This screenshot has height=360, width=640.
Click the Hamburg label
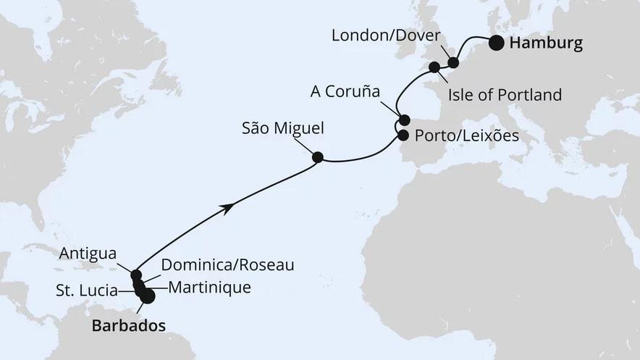546,44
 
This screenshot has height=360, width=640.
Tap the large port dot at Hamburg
497,43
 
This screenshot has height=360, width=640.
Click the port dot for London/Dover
453,63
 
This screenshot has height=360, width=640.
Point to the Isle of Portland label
505,95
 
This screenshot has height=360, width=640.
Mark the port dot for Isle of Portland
434,67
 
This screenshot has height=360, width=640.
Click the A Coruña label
344,92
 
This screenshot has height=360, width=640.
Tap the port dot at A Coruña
404,120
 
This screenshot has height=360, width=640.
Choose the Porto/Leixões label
466,135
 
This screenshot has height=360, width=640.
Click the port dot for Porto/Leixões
403,134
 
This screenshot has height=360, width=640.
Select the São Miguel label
283,128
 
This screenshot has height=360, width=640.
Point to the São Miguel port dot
317,156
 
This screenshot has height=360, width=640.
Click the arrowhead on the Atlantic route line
229,208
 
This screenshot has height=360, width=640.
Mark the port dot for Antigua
136,275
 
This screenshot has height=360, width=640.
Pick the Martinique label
209,288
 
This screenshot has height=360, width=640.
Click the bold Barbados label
127,326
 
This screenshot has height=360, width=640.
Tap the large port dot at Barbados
148,296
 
